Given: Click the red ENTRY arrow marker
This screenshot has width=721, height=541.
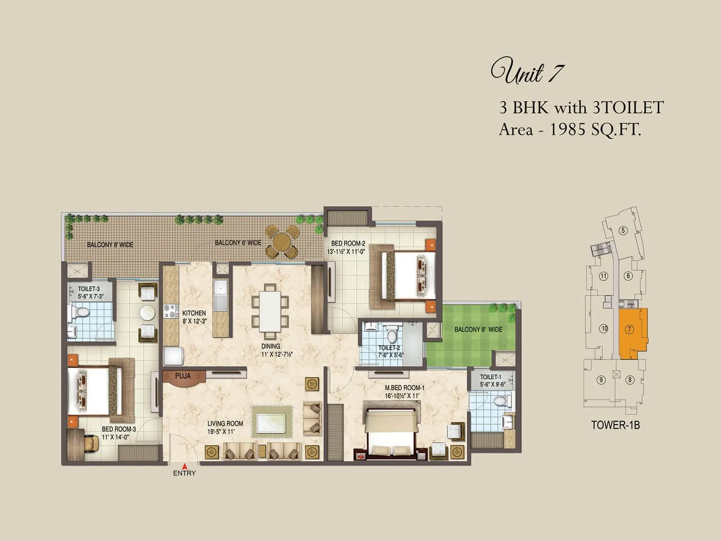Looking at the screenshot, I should click(184, 466).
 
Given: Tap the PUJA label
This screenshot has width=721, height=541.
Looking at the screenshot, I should click(183, 376).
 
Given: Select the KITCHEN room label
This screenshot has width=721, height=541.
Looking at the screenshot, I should click(194, 313).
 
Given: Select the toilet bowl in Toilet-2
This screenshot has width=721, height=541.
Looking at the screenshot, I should click(392, 334).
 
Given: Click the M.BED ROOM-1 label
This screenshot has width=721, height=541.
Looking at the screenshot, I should click(404, 388).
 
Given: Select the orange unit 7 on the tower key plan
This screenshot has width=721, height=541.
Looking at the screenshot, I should click(633, 334).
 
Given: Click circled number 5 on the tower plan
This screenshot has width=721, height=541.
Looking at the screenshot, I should click(623, 231).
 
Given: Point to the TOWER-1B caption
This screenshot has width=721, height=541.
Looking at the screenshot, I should click(615, 425).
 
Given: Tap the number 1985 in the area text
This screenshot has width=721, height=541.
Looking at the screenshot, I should click(568, 130).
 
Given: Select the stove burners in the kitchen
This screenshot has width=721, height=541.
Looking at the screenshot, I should click(170, 312).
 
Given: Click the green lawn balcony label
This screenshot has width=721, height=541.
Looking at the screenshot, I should click(478, 330).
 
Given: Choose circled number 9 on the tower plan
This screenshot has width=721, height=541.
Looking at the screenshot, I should click(601, 380).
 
